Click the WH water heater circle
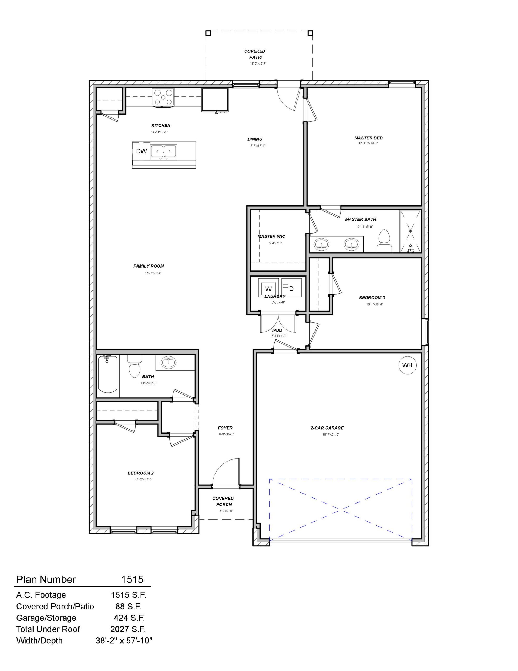pos(407,365)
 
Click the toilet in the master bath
pos(384,241)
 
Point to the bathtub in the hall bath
pos(107,374)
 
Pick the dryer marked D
pos(291,289)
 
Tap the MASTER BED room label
pos(368,138)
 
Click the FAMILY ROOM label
pos(148,266)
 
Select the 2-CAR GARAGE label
pos(327,428)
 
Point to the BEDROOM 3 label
pos(372,297)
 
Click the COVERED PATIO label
pos(255,54)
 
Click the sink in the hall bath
pos(168,362)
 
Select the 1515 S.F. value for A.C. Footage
pos(128,595)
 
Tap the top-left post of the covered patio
pos(208,33)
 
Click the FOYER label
pos(225,428)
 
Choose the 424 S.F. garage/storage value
pos(129,618)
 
